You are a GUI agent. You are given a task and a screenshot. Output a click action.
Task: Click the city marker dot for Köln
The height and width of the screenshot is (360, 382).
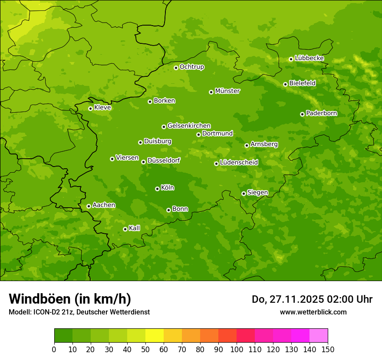point(157,189)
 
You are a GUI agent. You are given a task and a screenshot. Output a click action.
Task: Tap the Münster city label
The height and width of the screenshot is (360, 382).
point(227,91)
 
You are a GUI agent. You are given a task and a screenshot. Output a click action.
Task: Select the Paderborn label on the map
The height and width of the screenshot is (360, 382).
point(321,113)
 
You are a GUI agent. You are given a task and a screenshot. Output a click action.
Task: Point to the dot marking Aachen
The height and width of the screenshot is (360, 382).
point(89,206)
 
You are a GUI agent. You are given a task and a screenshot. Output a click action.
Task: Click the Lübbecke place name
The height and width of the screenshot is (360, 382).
point(309,58)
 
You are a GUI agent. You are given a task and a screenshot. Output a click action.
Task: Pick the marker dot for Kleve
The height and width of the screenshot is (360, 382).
point(90,108)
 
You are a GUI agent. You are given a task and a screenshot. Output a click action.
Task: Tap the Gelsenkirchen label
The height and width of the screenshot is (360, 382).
point(189,126)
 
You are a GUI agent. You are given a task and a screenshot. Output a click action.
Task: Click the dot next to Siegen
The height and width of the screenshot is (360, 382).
point(244,193)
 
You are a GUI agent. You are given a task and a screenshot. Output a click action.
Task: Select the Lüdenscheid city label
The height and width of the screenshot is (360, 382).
point(239,163)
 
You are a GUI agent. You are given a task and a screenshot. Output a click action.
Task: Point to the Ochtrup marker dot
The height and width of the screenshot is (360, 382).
point(176,68)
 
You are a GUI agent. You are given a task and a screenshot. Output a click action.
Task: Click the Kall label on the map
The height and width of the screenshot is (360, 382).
point(135,228)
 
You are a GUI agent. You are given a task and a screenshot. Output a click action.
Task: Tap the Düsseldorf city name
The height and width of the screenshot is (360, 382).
point(164,160)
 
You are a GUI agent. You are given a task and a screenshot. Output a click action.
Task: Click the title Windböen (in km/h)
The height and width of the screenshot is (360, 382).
point(70,299)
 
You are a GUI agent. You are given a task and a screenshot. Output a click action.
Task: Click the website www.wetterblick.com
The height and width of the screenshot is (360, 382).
point(313,312)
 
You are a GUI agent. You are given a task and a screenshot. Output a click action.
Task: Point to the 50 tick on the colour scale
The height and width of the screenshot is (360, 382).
point(145,349)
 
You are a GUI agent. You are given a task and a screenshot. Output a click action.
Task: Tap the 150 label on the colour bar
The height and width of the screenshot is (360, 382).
point(328,349)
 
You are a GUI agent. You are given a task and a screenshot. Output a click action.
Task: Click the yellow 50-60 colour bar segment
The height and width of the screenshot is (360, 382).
point(155,336)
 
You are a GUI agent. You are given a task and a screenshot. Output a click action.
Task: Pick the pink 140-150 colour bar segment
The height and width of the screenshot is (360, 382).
point(319,336)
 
